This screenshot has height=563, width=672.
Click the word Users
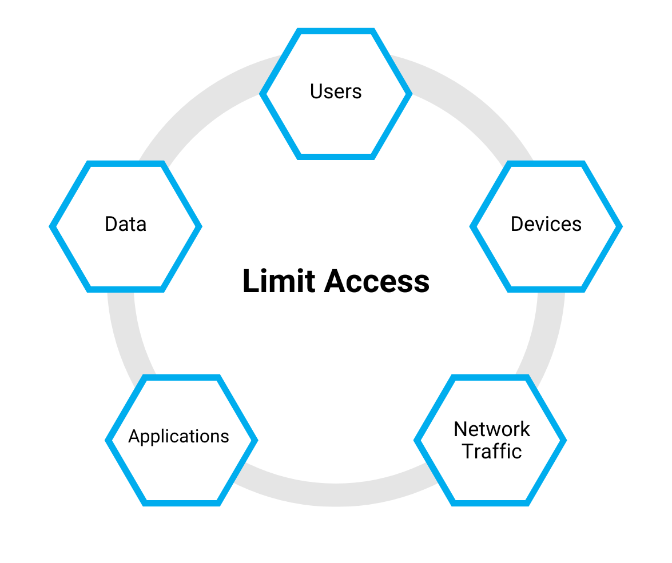coord(336,91)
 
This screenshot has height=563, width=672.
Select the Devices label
coord(546,224)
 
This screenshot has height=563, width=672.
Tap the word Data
coord(125,224)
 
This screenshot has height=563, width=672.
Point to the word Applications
coord(178,437)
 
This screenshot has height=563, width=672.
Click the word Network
coord(492,429)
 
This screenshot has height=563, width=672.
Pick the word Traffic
coord(492,452)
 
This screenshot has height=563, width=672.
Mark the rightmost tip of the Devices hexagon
coord(620,226)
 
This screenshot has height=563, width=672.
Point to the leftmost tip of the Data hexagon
coord(52,226)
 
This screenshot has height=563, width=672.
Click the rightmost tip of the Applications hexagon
coord(255,440)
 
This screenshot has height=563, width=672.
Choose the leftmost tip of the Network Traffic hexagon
coord(417,440)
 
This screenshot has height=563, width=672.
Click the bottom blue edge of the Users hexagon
coord(336,155)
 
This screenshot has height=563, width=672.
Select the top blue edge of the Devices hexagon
coord(546,163)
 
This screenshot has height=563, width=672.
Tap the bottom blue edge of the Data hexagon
coord(126,289)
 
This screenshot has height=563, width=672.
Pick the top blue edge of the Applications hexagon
coord(181,377)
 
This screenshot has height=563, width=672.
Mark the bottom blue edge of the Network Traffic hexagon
coord(490,503)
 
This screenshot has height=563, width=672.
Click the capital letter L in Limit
coord(249,281)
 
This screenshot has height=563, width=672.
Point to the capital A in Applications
coord(134,437)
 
